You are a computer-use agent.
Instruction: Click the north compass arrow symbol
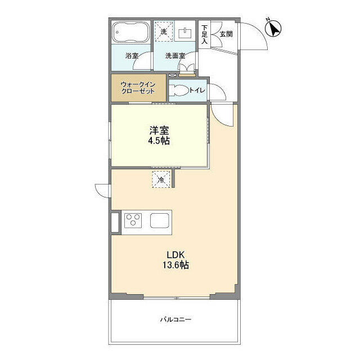[x=273, y=28]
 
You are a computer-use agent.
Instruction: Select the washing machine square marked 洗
[x=164, y=31]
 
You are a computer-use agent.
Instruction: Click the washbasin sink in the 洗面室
[x=185, y=33]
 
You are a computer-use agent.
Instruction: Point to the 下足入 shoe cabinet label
[x=204, y=35]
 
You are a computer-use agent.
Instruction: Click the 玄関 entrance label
[x=226, y=34]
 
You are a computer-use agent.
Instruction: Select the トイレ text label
[x=197, y=90]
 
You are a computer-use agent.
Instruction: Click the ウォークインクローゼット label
[x=138, y=88]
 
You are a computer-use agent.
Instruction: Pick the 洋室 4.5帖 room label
[x=159, y=136]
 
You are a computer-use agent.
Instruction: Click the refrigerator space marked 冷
[x=161, y=179]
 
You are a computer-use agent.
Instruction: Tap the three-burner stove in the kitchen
[x=133, y=220]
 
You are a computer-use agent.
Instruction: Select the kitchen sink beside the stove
[x=160, y=220]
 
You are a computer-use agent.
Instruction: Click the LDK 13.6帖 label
[x=176, y=260]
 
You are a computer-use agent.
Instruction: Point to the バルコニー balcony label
[x=176, y=319]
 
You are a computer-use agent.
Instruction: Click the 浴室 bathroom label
[x=132, y=56]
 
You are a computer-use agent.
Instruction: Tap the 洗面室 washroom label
[x=175, y=56]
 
